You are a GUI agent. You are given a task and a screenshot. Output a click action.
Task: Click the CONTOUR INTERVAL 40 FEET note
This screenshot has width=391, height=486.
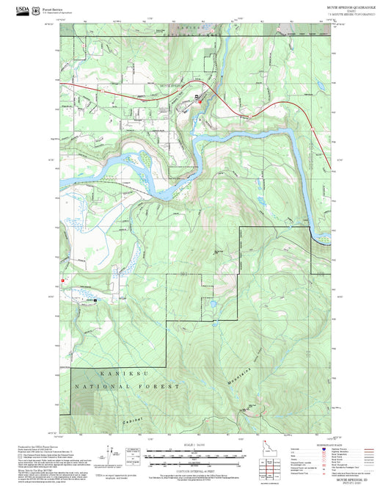pyautogui.click(x=195, y=471)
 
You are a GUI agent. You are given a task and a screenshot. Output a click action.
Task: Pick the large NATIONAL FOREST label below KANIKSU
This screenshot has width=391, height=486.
pyautogui.click(x=125, y=385)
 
